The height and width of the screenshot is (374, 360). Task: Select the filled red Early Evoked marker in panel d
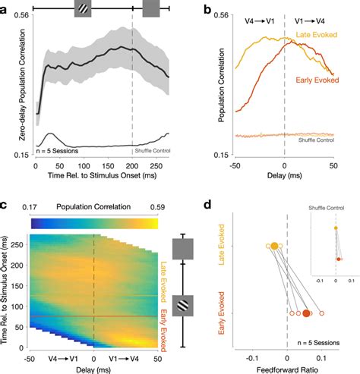(x=307, y=313)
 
